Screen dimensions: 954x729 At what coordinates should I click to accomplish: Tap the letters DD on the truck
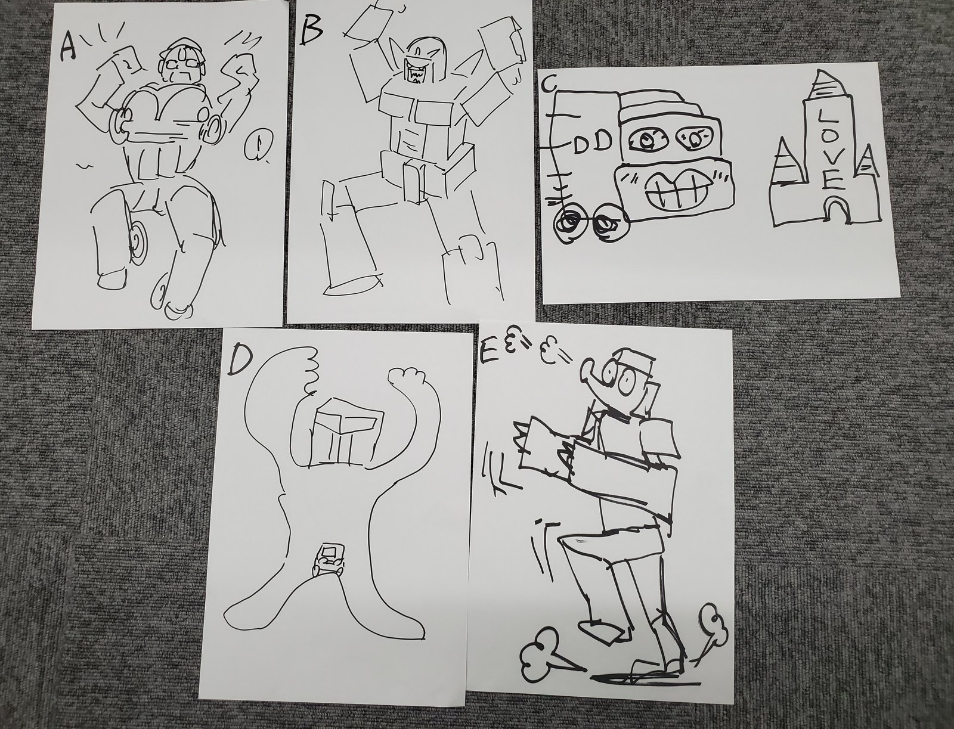(x=593, y=143)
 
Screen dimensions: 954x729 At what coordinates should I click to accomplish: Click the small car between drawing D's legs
(x=329, y=560)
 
